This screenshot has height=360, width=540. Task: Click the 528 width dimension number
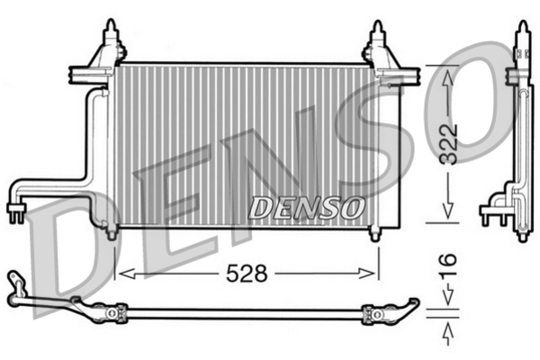247,274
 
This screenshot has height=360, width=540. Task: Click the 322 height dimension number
449,144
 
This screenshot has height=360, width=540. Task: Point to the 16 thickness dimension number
448,265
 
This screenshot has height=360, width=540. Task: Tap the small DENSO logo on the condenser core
306,208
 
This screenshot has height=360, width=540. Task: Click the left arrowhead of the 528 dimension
125,274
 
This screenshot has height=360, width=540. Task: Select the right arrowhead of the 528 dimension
367,274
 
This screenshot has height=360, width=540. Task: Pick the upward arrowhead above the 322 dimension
447,78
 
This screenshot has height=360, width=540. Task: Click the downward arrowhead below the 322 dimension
447,210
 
